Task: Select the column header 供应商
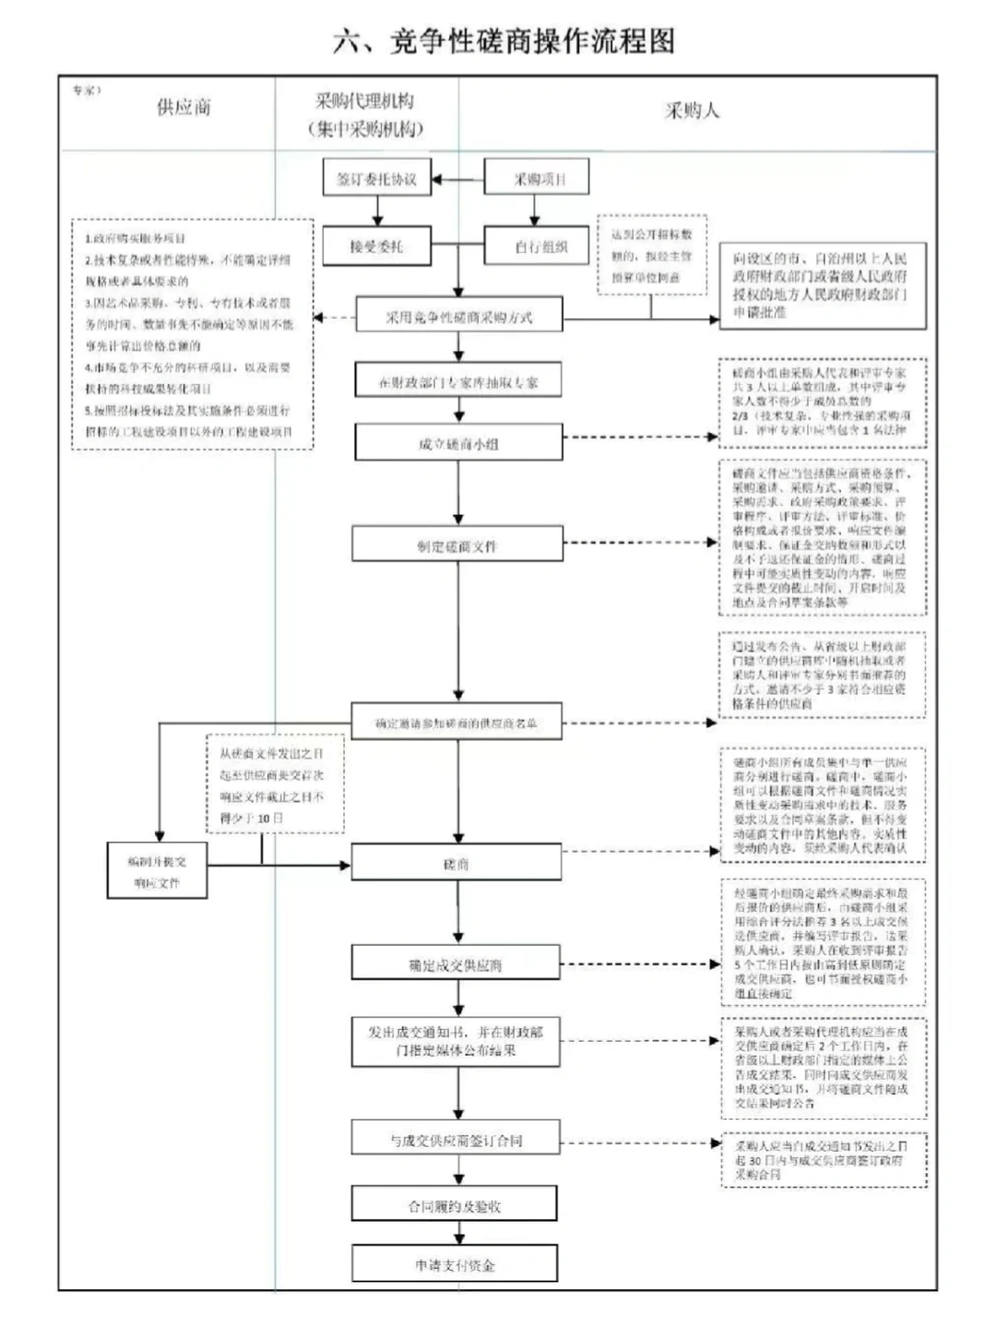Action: [184, 107]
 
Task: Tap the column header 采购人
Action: [692, 111]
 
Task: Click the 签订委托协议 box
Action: [376, 179]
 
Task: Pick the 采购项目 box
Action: [537, 179]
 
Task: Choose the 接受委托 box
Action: [376, 246]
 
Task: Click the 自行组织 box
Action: [537, 246]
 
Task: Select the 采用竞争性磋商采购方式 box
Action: [458, 317]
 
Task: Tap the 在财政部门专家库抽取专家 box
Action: [458, 380]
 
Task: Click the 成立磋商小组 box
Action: [458, 443]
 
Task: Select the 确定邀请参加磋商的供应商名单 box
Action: [456, 724]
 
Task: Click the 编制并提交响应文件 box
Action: [157, 871]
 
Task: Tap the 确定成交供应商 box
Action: [456, 964]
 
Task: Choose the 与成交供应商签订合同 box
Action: [456, 1141]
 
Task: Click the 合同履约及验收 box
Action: [455, 1205]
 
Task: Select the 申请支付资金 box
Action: [455, 1264]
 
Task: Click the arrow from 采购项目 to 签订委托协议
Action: [458, 179]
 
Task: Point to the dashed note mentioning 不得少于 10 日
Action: [275, 785]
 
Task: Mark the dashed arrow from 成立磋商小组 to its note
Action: [640, 437]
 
